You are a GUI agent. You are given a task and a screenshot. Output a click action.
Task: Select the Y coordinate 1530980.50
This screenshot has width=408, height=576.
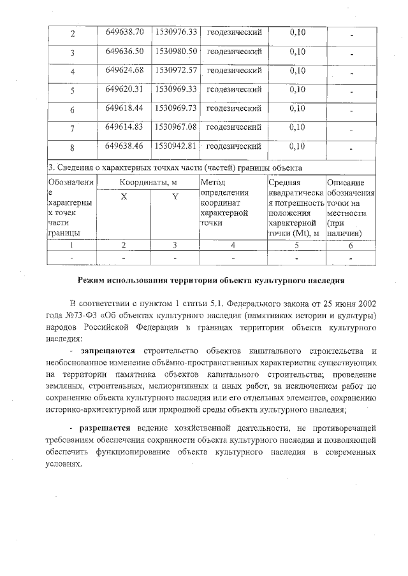click(175, 50)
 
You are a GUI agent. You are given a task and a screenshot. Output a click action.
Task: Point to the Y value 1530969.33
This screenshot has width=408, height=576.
click(175, 88)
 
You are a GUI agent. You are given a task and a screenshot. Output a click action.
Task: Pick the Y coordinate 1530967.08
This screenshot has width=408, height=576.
click(175, 127)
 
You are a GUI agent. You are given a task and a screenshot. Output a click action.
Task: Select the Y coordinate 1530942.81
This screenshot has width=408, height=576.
click(175, 146)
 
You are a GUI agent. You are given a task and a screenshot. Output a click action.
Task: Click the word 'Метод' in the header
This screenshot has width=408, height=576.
click(212, 183)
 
